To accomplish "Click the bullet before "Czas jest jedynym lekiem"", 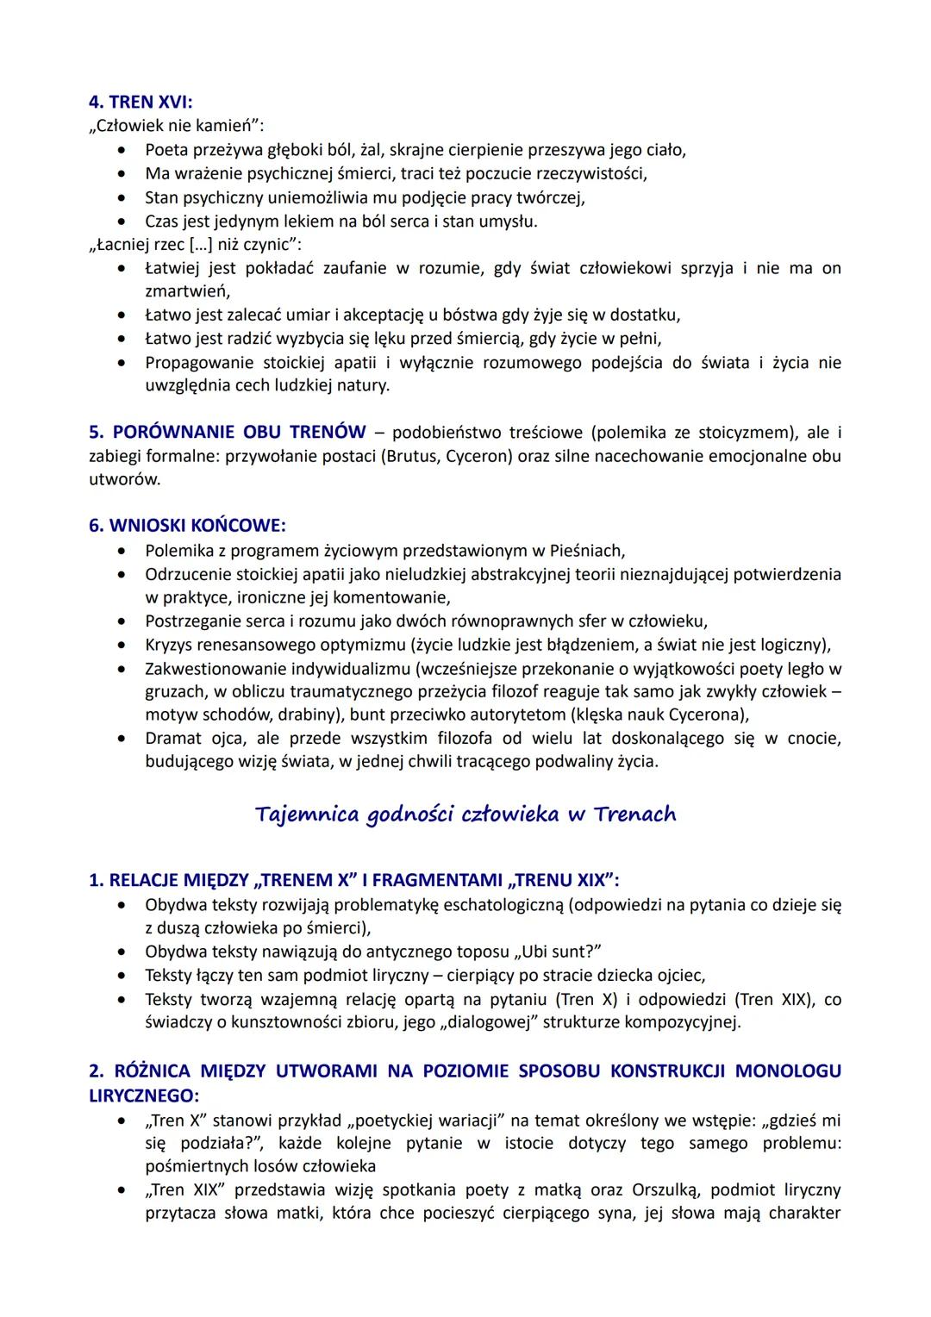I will click(x=127, y=222).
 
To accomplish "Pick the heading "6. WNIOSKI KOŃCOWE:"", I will click(x=187, y=525).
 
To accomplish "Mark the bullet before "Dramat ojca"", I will click(x=127, y=739).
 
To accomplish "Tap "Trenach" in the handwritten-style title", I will click(x=634, y=815).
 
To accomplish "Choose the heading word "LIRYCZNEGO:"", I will click(x=144, y=1094).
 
